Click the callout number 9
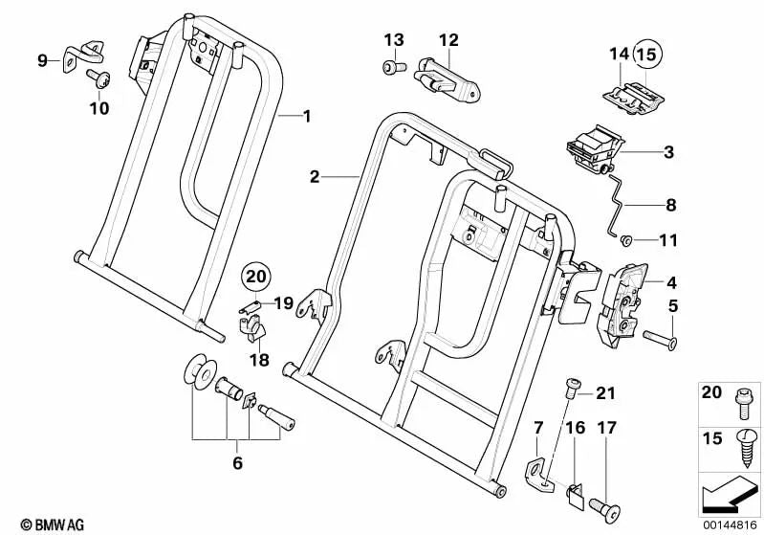point(42,61)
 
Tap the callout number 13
point(394,39)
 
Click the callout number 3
point(668,152)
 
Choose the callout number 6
point(237,464)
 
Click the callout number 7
point(539,425)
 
